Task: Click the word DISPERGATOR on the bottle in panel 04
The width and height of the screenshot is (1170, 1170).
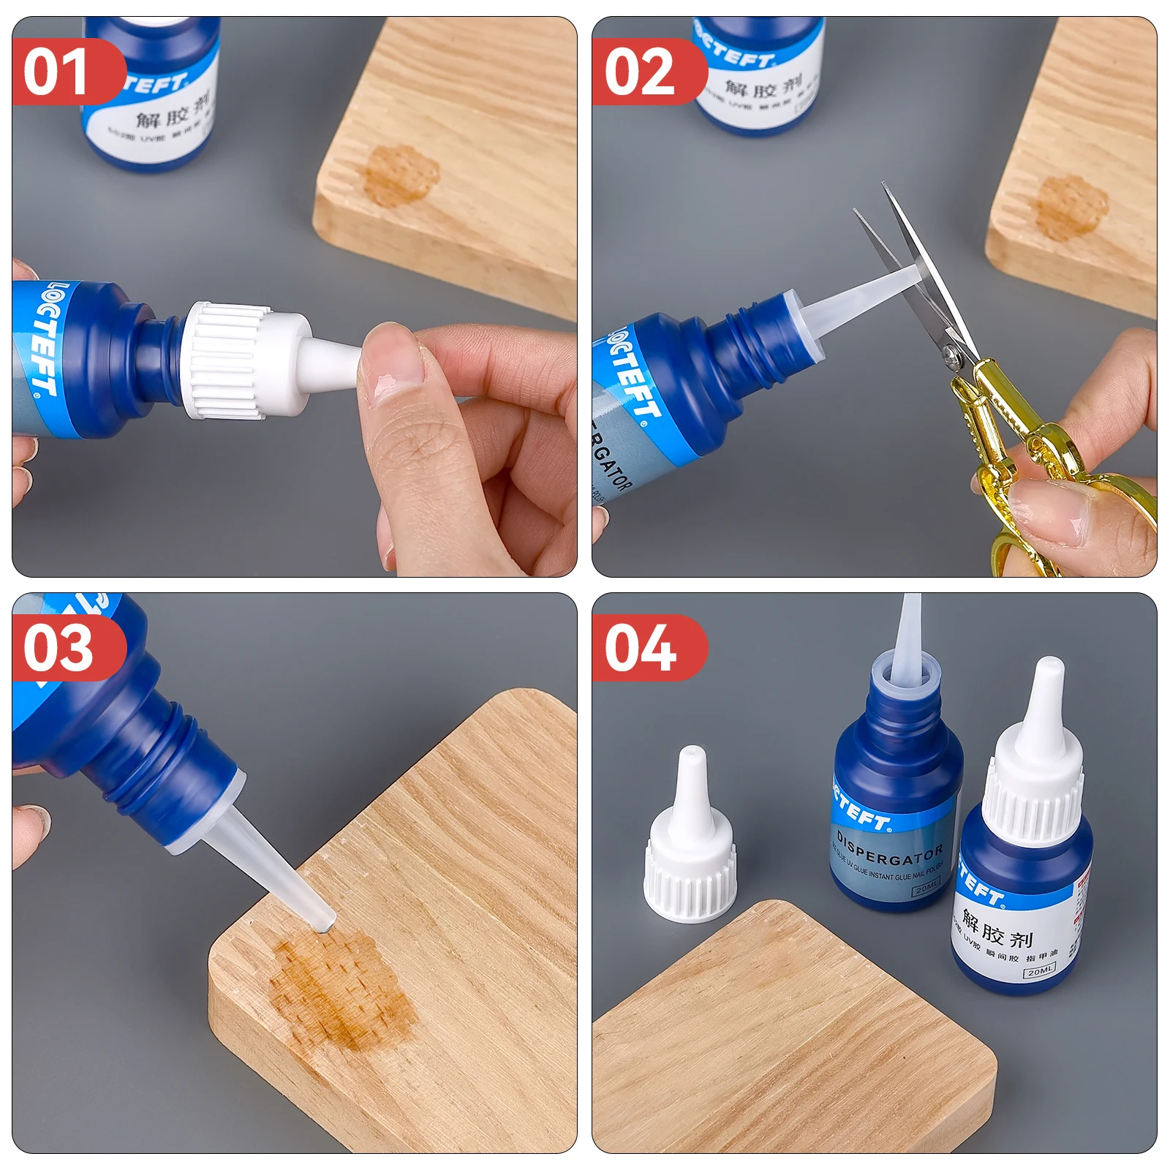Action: pos(889,848)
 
